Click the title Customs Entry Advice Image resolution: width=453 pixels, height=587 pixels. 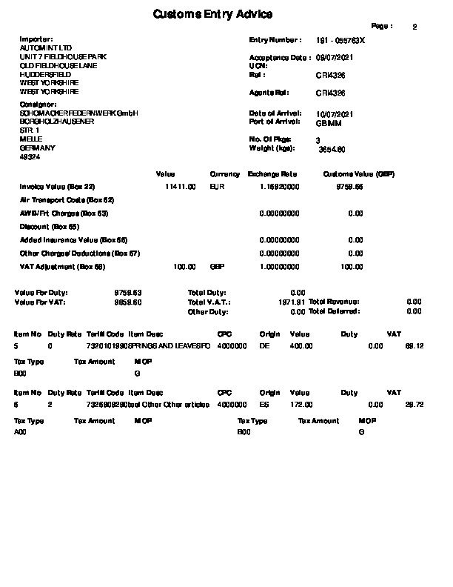[x=212, y=14]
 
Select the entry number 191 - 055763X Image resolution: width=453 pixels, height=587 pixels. [x=340, y=39]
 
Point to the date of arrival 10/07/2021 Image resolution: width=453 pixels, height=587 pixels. [x=335, y=113]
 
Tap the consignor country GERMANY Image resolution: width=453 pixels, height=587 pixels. [x=33, y=148]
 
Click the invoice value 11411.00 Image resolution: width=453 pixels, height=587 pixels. [x=181, y=188]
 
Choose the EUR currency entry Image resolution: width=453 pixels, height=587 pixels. [x=217, y=188]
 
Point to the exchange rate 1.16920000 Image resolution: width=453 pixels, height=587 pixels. [x=279, y=188]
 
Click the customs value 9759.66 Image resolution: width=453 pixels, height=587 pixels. [x=349, y=188]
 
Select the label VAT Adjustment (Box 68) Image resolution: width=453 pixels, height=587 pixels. [x=62, y=266]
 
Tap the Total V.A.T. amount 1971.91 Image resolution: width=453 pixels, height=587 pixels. [x=291, y=302]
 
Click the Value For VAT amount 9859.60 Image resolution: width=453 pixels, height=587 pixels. [x=127, y=302]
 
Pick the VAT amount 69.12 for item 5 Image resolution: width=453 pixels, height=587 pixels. [x=414, y=345]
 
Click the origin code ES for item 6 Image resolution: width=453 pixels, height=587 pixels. [x=264, y=404]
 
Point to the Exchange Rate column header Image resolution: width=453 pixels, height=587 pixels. [x=272, y=174]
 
